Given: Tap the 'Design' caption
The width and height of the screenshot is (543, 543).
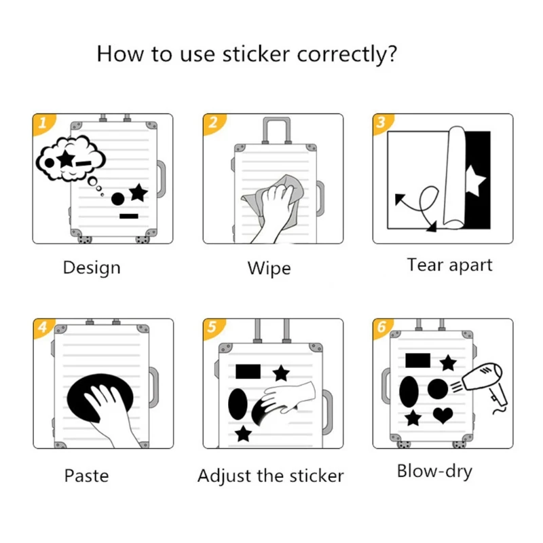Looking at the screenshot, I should click(92, 267).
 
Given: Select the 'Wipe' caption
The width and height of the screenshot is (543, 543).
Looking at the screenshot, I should click(269, 268).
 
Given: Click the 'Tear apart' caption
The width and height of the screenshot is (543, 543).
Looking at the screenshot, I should click(449, 265).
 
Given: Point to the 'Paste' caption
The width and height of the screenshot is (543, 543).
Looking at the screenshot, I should click(86, 476).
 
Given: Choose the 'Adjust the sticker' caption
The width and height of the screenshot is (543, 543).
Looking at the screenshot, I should click(271, 476).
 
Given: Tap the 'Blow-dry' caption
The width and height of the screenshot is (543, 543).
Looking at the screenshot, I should click(434, 472).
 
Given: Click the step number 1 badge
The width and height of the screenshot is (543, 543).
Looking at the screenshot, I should click(42, 123).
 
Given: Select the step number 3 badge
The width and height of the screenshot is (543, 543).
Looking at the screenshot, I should click(381, 123).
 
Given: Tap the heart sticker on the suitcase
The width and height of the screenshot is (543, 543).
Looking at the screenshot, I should click(443, 414).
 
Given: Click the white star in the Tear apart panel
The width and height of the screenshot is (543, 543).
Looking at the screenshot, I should click(475, 183).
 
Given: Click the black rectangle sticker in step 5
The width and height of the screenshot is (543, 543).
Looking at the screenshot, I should click(248, 371).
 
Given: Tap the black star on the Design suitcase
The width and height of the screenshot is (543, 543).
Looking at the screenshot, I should click(138, 193).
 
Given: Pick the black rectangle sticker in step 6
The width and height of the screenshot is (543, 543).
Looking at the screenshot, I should click(416, 360).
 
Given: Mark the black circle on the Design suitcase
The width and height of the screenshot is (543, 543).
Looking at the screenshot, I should click(118, 199).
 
